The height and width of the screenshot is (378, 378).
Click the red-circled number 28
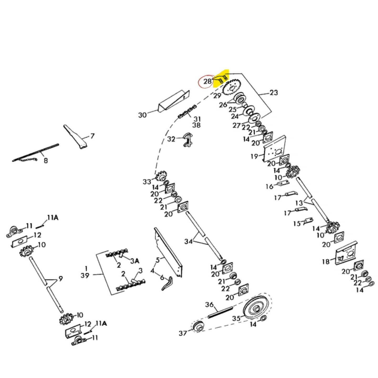(x=208, y=81)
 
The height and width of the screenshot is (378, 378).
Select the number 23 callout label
(x=274, y=92)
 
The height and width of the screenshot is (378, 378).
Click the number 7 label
(x=92, y=136)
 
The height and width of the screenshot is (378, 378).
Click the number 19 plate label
(x=255, y=156)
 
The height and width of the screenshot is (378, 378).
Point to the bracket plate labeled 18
(x=346, y=254)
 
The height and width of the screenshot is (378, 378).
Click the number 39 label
(x=85, y=275)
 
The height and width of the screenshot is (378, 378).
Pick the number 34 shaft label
(x=189, y=241)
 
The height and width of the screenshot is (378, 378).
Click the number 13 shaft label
(x=299, y=202)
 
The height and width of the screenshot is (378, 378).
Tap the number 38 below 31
(x=196, y=125)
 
